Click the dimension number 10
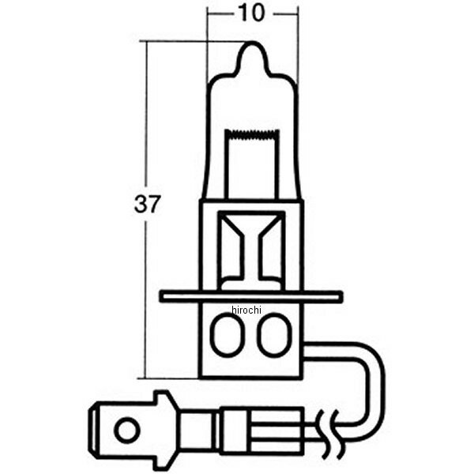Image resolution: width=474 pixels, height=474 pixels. [252, 13]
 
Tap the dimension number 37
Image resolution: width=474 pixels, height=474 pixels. [147, 205]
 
